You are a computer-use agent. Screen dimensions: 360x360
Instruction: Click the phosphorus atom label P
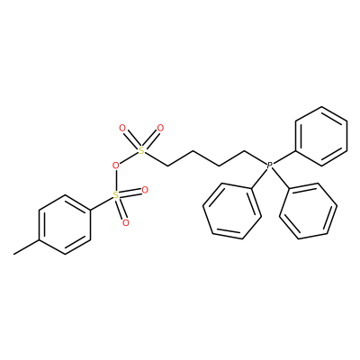tap(270, 165)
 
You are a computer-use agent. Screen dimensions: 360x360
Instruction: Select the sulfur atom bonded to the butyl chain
tap(141, 151)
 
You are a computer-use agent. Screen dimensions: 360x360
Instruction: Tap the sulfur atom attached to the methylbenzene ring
tap(115, 196)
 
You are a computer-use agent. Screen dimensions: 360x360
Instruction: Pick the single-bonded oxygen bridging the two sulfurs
tap(115, 166)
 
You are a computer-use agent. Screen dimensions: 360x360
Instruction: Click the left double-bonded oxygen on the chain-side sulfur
tap(122, 129)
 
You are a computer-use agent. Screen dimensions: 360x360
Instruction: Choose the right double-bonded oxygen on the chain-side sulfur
tap(160, 129)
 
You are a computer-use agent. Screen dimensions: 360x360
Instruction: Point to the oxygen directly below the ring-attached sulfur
tap(126, 223)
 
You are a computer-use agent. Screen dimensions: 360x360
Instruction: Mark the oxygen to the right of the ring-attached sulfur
tap(145, 190)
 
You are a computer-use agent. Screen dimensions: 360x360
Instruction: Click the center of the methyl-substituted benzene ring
tap(65, 225)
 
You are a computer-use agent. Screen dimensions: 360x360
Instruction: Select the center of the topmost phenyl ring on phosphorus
tap(321, 136)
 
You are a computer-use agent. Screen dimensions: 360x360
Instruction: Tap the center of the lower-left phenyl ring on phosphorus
tap(232, 211)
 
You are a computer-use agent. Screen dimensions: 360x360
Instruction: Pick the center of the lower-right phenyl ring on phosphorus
tap(308, 211)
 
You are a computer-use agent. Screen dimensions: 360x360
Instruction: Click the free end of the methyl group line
tap(13, 255)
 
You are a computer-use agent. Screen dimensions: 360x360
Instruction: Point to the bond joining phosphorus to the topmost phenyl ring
tap(284, 157)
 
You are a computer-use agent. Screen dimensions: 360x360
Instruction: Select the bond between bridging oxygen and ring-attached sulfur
tap(115, 181)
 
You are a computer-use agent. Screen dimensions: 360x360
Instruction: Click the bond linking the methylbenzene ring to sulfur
tap(102, 204)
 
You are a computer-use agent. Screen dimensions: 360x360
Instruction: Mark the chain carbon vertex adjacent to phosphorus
tap(245, 151)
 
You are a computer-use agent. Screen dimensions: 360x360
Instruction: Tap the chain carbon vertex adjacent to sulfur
tap(167, 166)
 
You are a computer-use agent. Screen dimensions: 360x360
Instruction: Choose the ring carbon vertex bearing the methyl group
tap(39, 240)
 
